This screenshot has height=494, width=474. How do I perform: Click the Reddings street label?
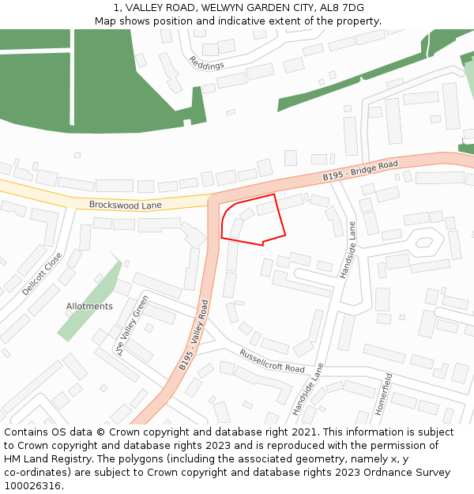point(206,63)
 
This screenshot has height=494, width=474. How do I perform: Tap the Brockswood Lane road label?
point(125,205)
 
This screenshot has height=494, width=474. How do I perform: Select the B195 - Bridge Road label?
point(359,171)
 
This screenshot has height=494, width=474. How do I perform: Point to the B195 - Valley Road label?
point(194,334)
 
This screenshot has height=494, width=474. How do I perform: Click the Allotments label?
point(89,306)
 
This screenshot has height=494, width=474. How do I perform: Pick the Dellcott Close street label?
point(42,273)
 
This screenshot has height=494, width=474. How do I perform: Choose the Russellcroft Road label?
point(271,361)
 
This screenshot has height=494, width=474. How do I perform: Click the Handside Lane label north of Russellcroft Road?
point(348,249)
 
